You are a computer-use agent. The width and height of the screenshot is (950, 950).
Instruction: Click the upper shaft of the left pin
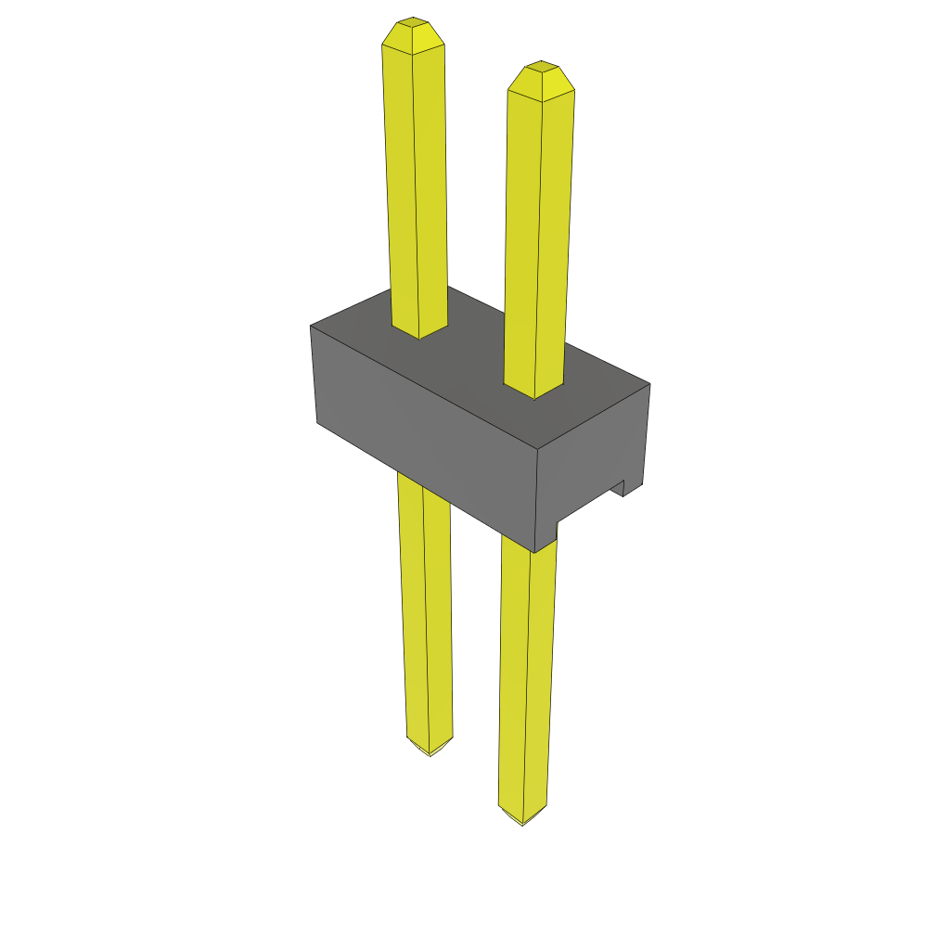416,186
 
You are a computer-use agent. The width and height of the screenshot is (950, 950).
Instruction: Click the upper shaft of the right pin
538,232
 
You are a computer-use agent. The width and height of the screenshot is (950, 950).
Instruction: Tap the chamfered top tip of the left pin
413,33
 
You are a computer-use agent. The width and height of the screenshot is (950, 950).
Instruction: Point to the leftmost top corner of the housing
310,326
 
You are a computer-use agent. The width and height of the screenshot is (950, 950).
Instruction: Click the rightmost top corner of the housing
649,383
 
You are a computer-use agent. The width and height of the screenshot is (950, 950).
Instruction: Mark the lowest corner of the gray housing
535,552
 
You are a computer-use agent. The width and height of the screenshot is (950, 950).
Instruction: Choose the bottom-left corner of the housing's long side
317,423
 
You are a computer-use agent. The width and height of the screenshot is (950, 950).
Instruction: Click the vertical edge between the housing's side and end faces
538,501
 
